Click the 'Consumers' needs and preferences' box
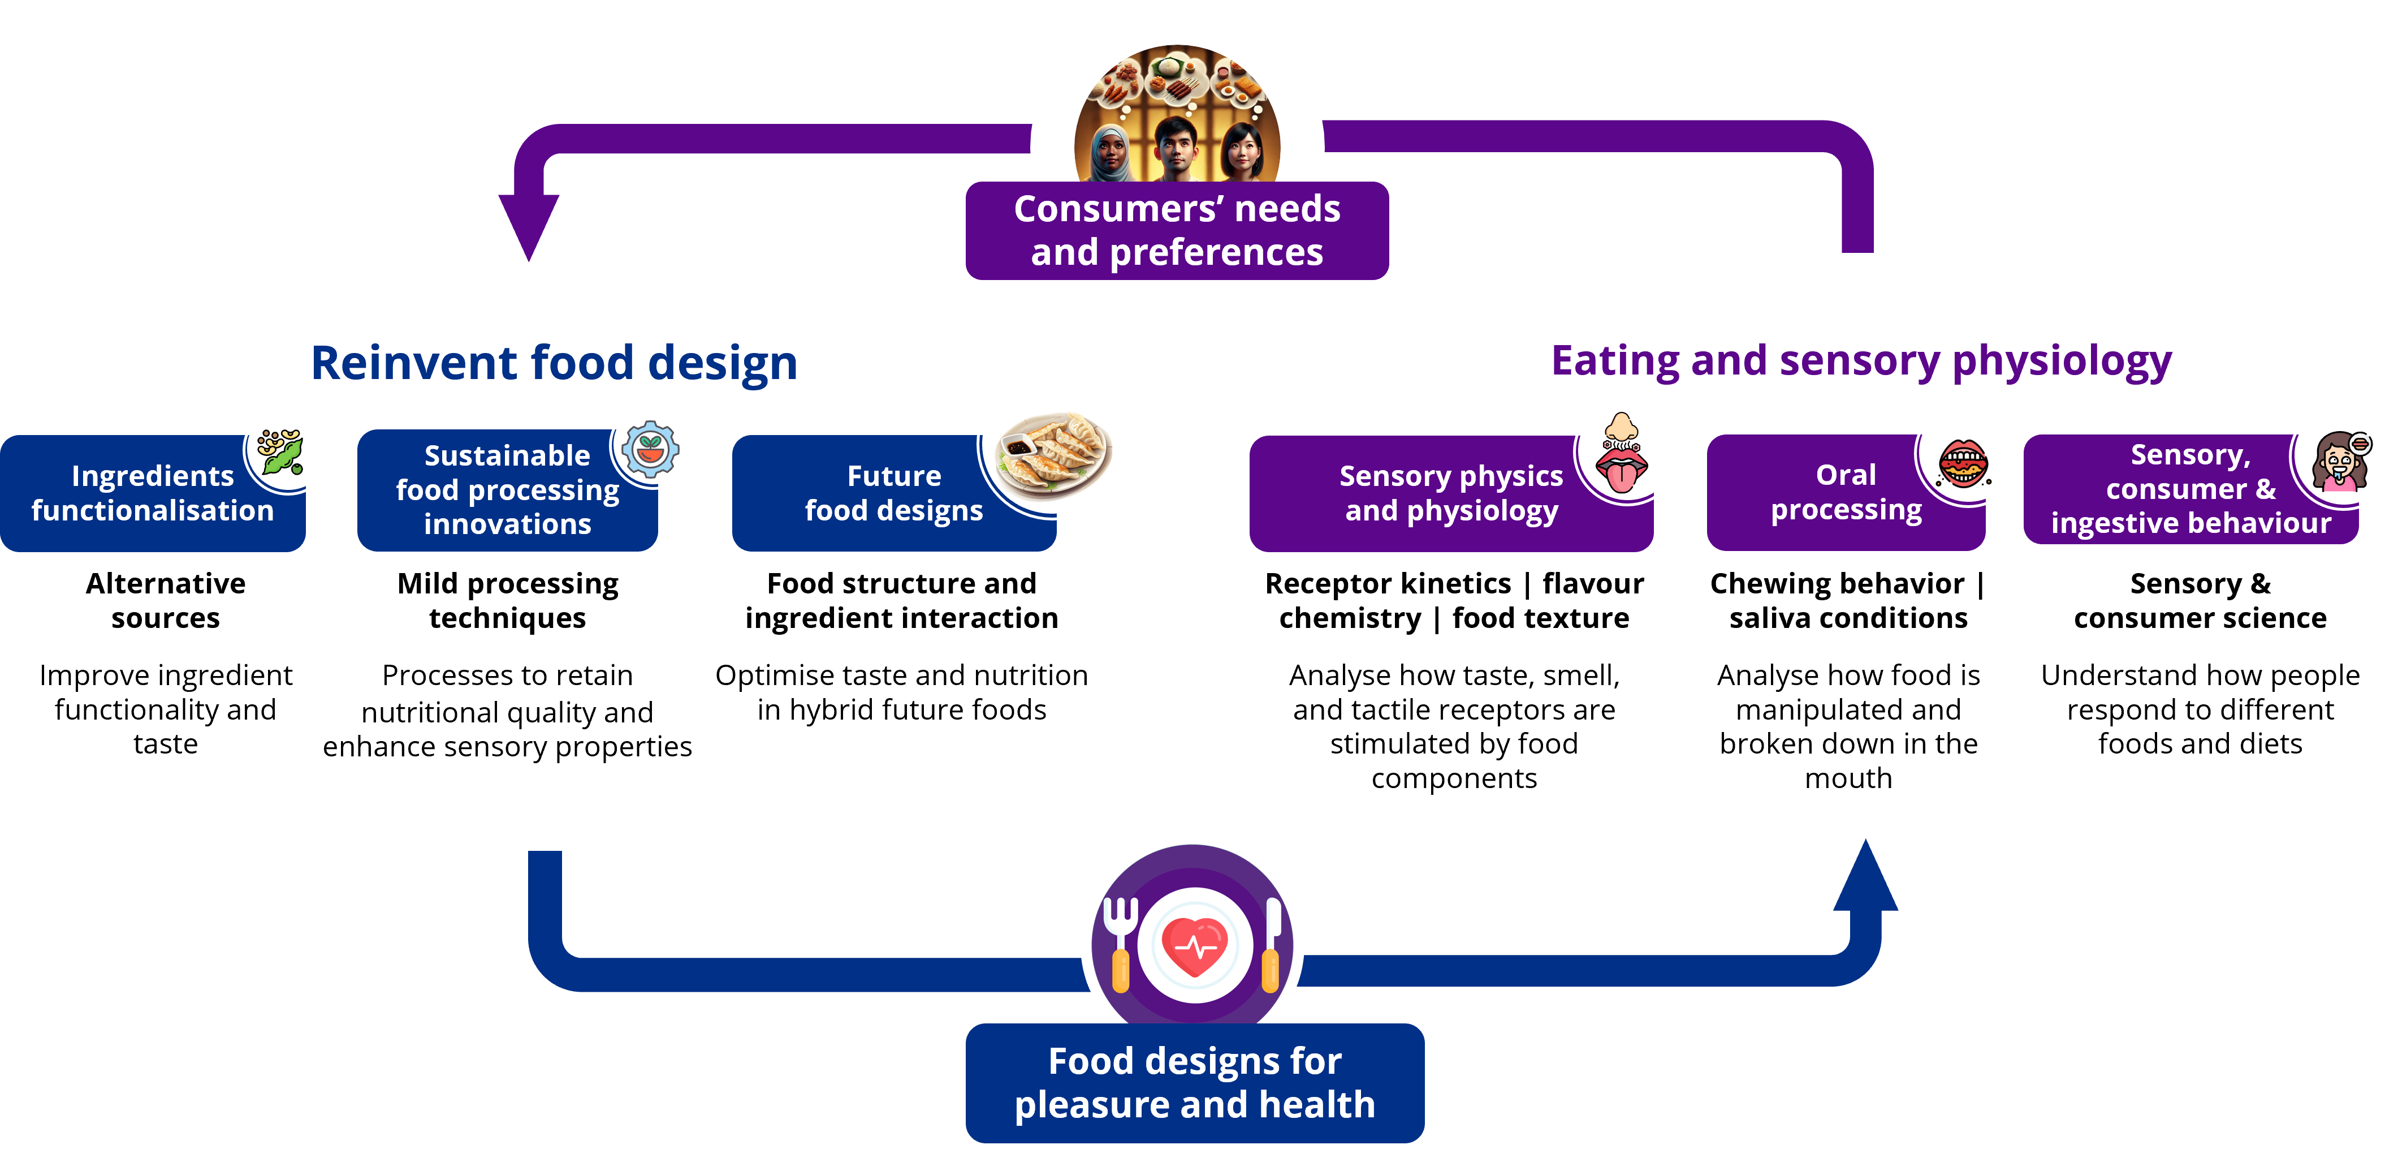pyautogui.click(x=1177, y=231)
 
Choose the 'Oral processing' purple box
pyautogui.click(x=1846, y=493)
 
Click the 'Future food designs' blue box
pyautogui.click(x=893, y=493)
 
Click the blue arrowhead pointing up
pyautogui.click(x=1865, y=875)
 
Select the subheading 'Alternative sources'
pyautogui.click(x=166, y=601)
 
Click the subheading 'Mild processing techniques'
pyautogui.click(x=507, y=601)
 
